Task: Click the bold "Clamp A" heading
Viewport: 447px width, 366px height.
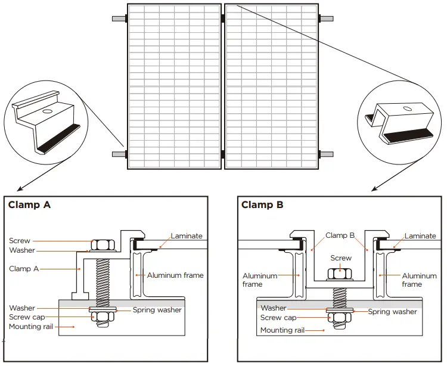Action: (29, 205)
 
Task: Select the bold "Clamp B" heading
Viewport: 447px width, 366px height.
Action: (263, 205)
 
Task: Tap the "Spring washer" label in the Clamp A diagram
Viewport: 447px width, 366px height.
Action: (157, 310)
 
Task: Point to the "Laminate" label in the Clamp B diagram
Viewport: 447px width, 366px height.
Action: (420, 236)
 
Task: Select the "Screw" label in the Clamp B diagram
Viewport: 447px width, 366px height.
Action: (341, 258)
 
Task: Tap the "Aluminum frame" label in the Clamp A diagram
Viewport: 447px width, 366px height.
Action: (175, 275)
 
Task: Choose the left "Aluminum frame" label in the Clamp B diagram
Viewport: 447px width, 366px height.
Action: (260, 280)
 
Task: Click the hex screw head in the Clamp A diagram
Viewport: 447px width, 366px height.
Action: (101, 244)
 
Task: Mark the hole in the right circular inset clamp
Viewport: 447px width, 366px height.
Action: (406, 108)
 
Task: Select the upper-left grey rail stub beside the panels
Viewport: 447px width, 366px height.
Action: (119, 18)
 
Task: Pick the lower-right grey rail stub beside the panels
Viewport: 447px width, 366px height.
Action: (327, 154)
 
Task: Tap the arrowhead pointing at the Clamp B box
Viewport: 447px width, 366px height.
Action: (374, 189)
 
